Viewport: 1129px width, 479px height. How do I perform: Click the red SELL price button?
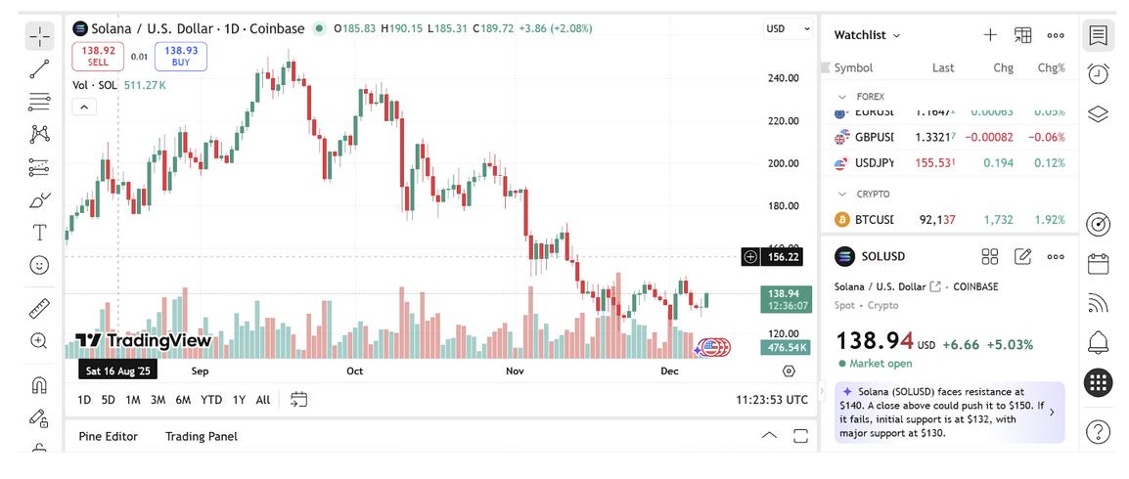coord(98,56)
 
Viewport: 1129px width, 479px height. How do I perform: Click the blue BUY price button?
coord(181,56)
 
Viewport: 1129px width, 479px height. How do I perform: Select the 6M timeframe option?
coord(183,400)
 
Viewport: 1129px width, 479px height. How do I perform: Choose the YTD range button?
coord(211,400)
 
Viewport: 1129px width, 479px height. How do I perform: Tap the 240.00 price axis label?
coord(784,78)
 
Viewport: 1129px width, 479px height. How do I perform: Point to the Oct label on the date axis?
coord(354,371)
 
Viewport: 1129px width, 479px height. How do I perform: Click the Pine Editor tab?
coord(108,436)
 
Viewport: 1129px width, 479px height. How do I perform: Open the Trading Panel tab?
coord(202,436)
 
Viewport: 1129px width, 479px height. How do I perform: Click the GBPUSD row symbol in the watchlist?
coord(874,137)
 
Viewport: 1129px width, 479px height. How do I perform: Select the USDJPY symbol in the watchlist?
coord(874,163)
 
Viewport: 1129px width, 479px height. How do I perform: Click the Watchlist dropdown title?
coord(867,35)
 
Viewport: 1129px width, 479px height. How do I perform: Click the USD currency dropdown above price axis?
coord(788,29)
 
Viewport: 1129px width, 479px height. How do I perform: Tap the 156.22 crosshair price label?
coord(784,257)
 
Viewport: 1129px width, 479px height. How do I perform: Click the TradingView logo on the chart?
coord(144,341)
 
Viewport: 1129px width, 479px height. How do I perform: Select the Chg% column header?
coord(1051,68)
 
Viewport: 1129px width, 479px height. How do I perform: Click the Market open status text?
coord(881,364)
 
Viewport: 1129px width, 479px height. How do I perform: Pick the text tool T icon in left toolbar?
coord(39,233)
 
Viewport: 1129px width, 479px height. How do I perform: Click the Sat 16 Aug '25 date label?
coord(117,371)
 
